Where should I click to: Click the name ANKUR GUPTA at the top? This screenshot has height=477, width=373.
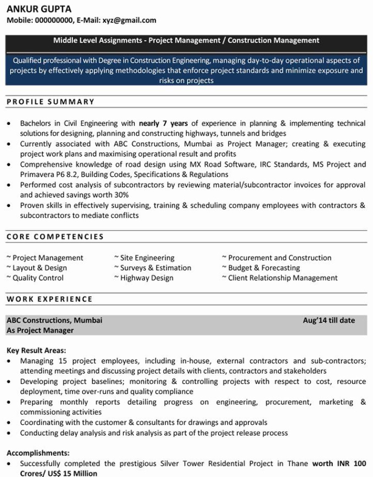pos(39,9)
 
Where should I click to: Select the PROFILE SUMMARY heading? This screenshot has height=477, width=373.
pos(51,102)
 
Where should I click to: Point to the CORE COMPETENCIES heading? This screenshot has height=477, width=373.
pos(55,237)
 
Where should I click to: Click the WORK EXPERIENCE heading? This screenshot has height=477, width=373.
pos(49,299)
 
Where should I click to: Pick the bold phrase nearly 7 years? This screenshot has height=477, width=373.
pos(163,123)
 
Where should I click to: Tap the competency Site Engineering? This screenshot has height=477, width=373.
pos(147,258)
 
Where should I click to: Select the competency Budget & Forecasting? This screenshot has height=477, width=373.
pos(264,268)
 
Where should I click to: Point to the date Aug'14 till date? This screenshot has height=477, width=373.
pos(328,321)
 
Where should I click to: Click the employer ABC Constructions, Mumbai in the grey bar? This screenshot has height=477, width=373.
pos(54,321)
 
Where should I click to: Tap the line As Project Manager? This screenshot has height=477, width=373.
pos(40,330)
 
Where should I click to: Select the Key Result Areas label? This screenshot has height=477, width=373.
pos(36,350)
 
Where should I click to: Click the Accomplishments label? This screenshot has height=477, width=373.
pos(38,453)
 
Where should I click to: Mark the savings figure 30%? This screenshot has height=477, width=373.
pos(122,195)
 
